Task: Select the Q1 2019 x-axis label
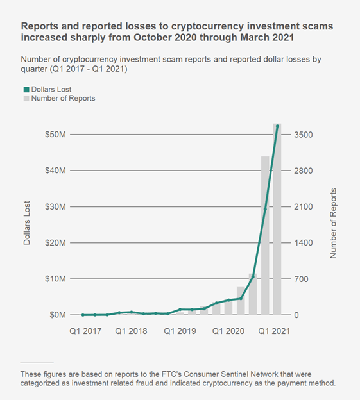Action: click(x=180, y=331)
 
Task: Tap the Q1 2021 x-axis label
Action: click(x=275, y=331)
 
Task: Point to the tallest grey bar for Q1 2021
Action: click(x=277, y=224)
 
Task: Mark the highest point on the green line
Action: click(x=277, y=126)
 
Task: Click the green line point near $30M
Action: click(x=265, y=209)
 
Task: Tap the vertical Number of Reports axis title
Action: click(x=333, y=224)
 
